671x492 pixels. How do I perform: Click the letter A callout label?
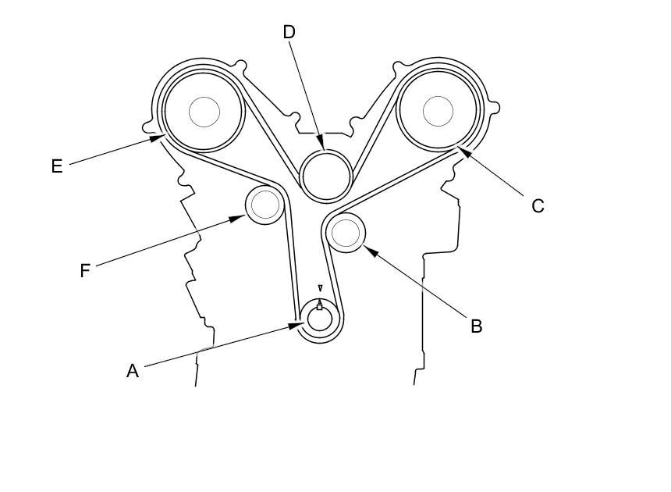133,371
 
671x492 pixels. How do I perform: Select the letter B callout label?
476,326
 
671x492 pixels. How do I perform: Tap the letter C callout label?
538,206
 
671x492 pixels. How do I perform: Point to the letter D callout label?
289,32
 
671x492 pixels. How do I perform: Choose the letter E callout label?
57,166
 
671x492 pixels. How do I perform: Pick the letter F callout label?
85,271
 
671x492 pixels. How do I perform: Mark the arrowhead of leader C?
464,152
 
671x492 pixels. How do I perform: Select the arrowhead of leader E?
157,138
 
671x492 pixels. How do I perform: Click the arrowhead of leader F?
237,219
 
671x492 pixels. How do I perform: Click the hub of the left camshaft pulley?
204,112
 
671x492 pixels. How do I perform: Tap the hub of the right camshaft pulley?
438,112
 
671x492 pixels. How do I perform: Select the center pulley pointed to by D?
326,175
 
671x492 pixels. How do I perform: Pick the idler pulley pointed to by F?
265,205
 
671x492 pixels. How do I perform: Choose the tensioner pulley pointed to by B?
346,233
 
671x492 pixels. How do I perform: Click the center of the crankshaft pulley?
320,319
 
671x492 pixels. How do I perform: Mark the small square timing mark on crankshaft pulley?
319,307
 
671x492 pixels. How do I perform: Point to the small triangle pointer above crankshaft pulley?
320,287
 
